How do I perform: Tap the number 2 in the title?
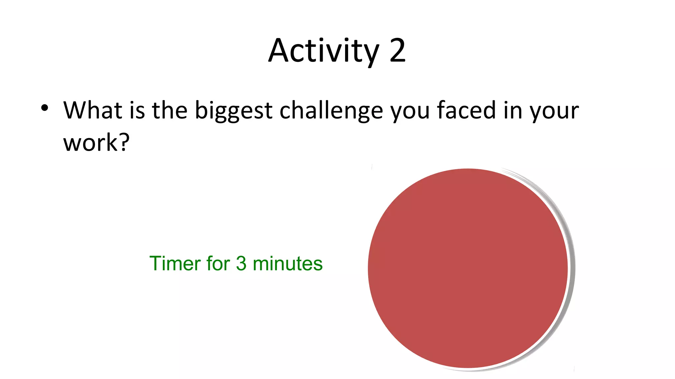[x=397, y=51]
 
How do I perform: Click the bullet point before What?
[x=45, y=108]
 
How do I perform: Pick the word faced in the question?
[x=466, y=110]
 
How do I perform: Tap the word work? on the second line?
[x=91, y=143]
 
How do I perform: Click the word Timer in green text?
[x=175, y=264]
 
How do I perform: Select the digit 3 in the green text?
[x=241, y=264]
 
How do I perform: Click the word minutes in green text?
[x=287, y=264]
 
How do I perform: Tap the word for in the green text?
[x=218, y=264]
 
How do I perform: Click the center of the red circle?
[x=468, y=268]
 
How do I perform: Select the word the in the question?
[x=169, y=110]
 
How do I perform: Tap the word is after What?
[x=137, y=110]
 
